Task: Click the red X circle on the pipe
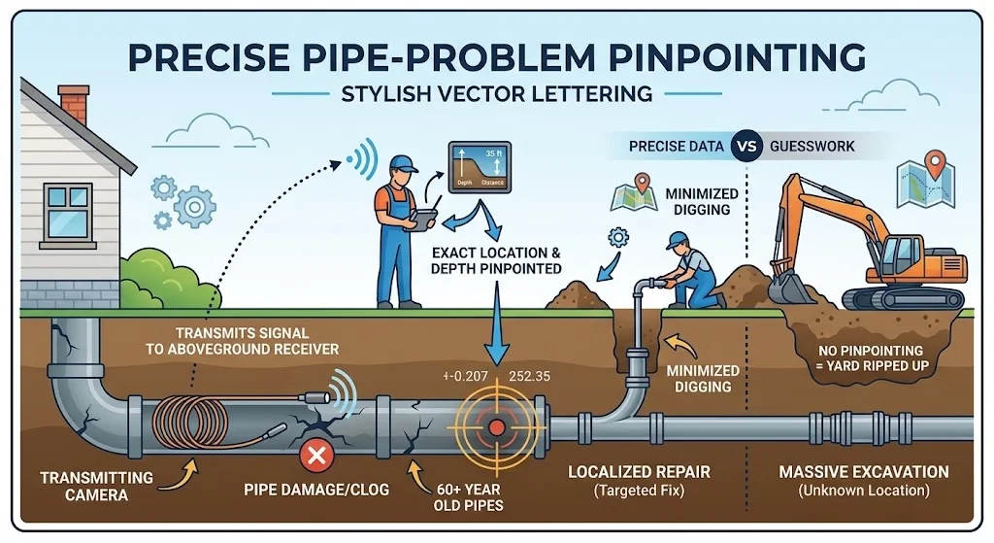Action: click(315, 453)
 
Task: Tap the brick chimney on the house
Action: click(73, 105)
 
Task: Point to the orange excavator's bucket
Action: click(791, 286)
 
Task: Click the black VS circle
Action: click(745, 148)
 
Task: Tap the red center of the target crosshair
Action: click(496, 426)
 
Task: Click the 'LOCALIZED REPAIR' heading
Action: click(640, 472)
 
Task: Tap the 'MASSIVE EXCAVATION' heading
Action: click(863, 472)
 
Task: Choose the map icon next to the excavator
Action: click(920, 181)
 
